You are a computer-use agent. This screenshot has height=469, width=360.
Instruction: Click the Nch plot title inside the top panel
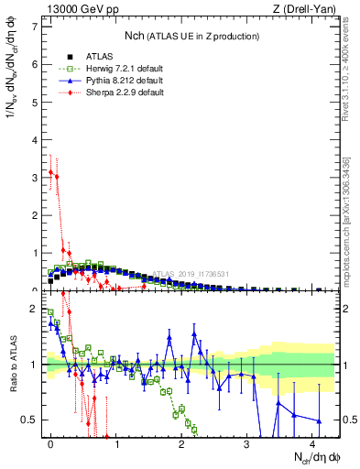tap(191, 35)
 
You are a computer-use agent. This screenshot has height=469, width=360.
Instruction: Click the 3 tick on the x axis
tap(246, 443)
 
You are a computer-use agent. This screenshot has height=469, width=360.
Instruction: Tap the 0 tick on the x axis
tap(50, 443)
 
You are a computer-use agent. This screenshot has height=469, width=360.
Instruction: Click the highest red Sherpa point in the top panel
tap(50, 171)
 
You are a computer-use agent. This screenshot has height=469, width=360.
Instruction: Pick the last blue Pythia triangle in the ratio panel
tap(319, 421)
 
